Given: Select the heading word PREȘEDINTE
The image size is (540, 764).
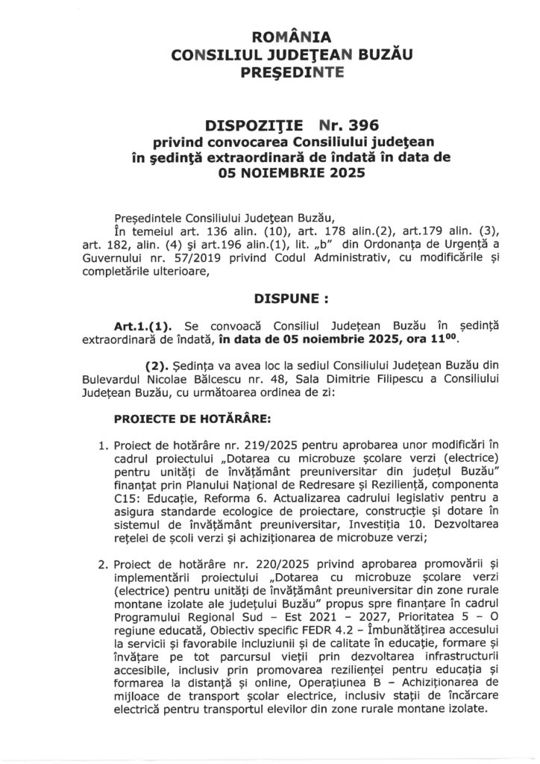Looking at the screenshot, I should coord(271,72).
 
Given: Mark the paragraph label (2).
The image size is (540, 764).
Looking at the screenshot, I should coord(157,368).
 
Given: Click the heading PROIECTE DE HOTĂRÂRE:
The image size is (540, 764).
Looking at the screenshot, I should coord(180,422).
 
